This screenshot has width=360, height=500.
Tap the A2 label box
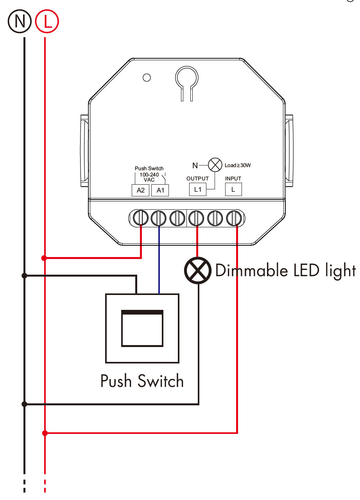click(141, 190)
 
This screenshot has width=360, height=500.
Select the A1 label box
click(160, 190)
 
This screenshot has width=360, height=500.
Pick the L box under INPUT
click(233, 190)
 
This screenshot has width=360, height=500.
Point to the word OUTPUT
click(197, 178)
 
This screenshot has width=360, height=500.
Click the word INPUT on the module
click(233, 178)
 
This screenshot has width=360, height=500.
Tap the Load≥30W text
click(238, 165)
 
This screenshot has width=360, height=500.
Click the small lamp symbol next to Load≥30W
click(215, 165)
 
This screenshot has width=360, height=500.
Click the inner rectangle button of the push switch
click(142, 328)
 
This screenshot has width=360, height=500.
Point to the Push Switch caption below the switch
click(142, 381)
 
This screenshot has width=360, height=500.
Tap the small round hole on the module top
click(147, 77)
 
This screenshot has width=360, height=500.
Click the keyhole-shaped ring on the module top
click(186, 77)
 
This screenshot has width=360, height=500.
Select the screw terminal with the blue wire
click(159, 218)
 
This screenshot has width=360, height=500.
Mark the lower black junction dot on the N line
click(25, 404)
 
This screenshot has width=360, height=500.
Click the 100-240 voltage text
click(149, 174)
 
